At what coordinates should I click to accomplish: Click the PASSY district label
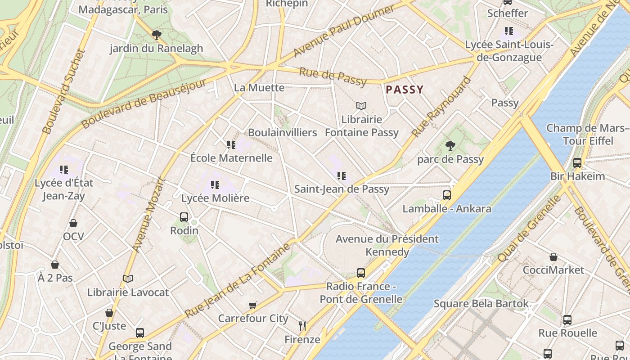tap(405, 90)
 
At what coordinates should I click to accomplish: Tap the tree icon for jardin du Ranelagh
tap(156, 35)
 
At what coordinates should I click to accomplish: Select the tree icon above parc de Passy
tap(450, 145)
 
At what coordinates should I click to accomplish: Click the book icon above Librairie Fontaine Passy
tap(361, 106)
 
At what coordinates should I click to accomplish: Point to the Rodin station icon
tap(184, 217)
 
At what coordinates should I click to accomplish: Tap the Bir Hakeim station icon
tap(577, 163)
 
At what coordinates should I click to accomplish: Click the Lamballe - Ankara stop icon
tap(446, 195)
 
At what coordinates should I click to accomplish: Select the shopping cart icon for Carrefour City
tap(252, 306)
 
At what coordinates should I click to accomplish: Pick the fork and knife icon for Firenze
tap(302, 326)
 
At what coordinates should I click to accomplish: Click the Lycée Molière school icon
tap(215, 184)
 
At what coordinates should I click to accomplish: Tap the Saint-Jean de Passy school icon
tap(342, 175)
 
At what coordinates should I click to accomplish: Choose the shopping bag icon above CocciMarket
tap(553, 257)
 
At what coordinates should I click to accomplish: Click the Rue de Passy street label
tap(333, 77)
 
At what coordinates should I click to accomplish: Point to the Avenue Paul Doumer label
tap(344, 31)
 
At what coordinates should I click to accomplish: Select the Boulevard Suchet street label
tap(63, 92)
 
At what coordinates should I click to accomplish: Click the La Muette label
tap(259, 88)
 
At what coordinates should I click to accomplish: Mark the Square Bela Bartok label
tap(481, 304)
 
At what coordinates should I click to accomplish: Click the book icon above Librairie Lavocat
tap(128, 279)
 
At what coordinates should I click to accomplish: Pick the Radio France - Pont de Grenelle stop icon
tap(361, 273)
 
